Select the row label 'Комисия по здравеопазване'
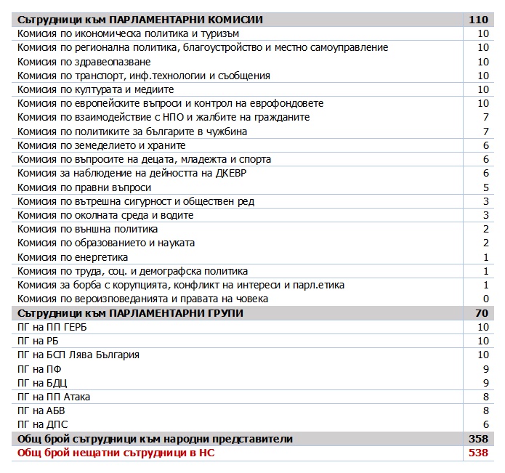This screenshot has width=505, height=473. pyautogui.click(x=84, y=62)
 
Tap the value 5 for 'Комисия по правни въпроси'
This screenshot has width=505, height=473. pyautogui.click(x=485, y=187)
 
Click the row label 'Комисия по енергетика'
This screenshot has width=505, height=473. pyautogui.click(x=73, y=257)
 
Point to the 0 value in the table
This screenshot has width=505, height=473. pyautogui.click(x=485, y=299)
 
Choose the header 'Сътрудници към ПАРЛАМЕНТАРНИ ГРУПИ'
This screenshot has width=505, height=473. pyautogui.click(x=130, y=313)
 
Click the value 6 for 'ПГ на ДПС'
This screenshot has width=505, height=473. pyautogui.click(x=485, y=424)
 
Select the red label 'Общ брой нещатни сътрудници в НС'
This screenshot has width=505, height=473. pyautogui.click(x=116, y=453)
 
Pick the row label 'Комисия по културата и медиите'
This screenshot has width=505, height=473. pyautogui.click(x=95, y=89)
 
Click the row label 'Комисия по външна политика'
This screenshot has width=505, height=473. pyautogui.click(x=87, y=229)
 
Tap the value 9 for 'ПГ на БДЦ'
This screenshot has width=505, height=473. pyautogui.click(x=485, y=383)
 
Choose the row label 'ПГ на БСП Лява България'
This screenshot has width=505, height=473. pyautogui.click(x=78, y=355)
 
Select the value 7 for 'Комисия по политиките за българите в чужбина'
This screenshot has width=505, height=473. pyautogui.click(x=485, y=132)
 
